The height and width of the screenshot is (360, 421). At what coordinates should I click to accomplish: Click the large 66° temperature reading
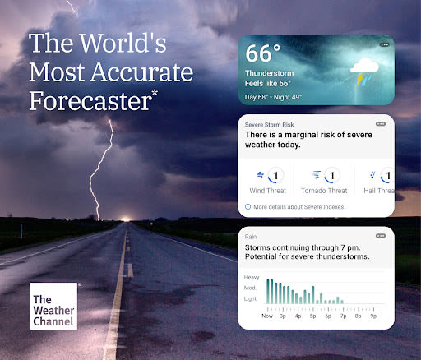264,54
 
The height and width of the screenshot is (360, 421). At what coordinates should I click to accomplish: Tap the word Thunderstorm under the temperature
270,73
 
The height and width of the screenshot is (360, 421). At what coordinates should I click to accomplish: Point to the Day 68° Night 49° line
273,97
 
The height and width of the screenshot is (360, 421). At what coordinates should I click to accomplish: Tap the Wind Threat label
269,191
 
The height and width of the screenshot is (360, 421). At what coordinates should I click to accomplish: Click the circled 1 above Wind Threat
276,175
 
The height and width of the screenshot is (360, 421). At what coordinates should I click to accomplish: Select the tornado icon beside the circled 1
317,175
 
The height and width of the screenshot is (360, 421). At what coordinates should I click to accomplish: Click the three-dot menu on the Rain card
380,235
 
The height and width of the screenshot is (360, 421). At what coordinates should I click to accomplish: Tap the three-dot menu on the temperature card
384,44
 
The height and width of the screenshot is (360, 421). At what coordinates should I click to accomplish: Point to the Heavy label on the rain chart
251,278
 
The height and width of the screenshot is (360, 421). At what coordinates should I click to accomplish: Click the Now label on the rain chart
268,316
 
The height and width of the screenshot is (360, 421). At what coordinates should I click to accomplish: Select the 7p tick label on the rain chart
344,316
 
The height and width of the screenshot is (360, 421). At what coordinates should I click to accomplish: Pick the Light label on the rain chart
252,300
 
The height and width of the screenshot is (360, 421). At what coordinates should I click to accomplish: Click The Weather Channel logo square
53,306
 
